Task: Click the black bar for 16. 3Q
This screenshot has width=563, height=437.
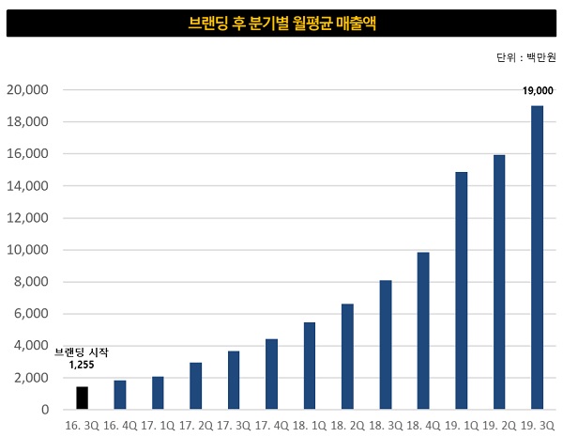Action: click(x=82, y=398)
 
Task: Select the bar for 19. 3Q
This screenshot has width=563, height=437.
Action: click(x=537, y=258)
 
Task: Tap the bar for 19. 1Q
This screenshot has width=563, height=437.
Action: click(x=461, y=290)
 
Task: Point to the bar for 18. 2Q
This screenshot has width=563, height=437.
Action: click(x=347, y=356)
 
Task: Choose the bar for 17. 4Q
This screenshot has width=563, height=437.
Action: click(x=271, y=374)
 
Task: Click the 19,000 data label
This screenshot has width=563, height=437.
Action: click(x=538, y=91)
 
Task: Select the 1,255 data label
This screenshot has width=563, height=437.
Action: click(x=82, y=366)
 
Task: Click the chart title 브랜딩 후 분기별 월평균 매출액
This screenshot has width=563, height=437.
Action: click(x=281, y=24)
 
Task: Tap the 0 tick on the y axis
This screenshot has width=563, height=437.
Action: click(x=43, y=410)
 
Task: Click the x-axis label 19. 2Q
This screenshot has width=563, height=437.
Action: click(x=498, y=426)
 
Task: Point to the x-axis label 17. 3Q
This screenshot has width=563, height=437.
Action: click(x=234, y=426)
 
